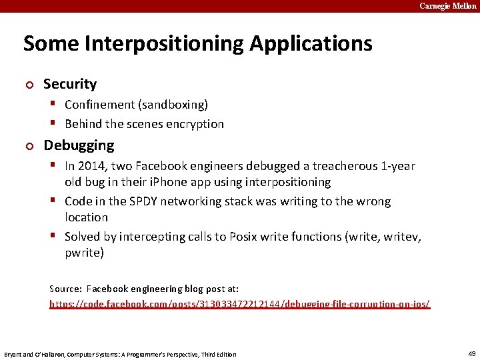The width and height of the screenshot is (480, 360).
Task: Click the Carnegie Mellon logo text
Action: click(x=447, y=6)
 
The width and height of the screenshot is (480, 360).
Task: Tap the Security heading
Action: click(x=70, y=84)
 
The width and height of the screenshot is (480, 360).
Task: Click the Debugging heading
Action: click(x=79, y=145)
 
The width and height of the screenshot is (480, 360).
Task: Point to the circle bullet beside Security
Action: click(x=28, y=85)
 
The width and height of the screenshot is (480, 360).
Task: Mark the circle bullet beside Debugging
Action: click(x=28, y=146)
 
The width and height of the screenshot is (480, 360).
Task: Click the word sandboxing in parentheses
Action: click(x=173, y=105)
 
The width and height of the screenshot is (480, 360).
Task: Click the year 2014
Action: click(x=90, y=166)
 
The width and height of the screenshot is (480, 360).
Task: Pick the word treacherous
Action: click(x=347, y=166)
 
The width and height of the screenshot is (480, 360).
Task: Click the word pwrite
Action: click(x=83, y=253)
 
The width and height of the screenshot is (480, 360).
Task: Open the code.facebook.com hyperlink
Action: click(x=239, y=304)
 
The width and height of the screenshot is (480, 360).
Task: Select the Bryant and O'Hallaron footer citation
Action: click(x=120, y=354)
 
